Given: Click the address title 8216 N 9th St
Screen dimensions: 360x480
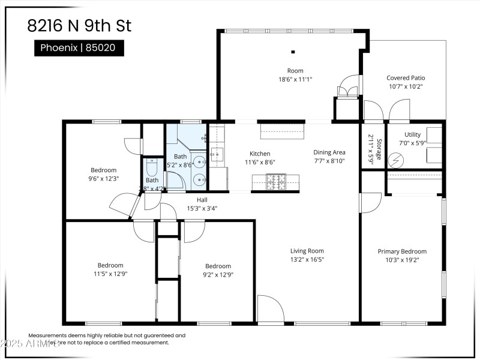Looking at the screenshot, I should [x=79, y=26].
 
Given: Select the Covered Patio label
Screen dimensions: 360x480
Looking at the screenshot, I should [x=406, y=78].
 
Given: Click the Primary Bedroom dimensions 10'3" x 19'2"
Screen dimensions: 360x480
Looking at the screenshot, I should [x=401, y=260].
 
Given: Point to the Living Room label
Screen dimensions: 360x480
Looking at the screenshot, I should [x=307, y=251].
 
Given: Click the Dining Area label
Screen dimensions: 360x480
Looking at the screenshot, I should [x=329, y=152].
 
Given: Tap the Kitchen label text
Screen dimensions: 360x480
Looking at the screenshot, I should [x=260, y=154].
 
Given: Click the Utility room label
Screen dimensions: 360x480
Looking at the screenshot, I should [x=412, y=135].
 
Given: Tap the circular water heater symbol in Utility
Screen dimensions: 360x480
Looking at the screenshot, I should [x=396, y=160].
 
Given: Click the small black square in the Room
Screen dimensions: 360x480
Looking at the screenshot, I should [x=293, y=52].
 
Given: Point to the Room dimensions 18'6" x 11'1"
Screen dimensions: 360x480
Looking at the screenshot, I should [x=295, y=79].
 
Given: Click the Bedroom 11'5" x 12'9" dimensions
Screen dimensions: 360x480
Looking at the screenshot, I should [x=110, y=274].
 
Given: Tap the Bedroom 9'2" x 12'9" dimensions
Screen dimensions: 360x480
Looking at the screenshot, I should [x=218, y=274].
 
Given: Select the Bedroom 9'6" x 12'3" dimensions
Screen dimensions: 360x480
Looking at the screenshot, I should [x=103, y=178].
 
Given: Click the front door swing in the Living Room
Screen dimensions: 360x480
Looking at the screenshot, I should [x=270, y=309].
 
